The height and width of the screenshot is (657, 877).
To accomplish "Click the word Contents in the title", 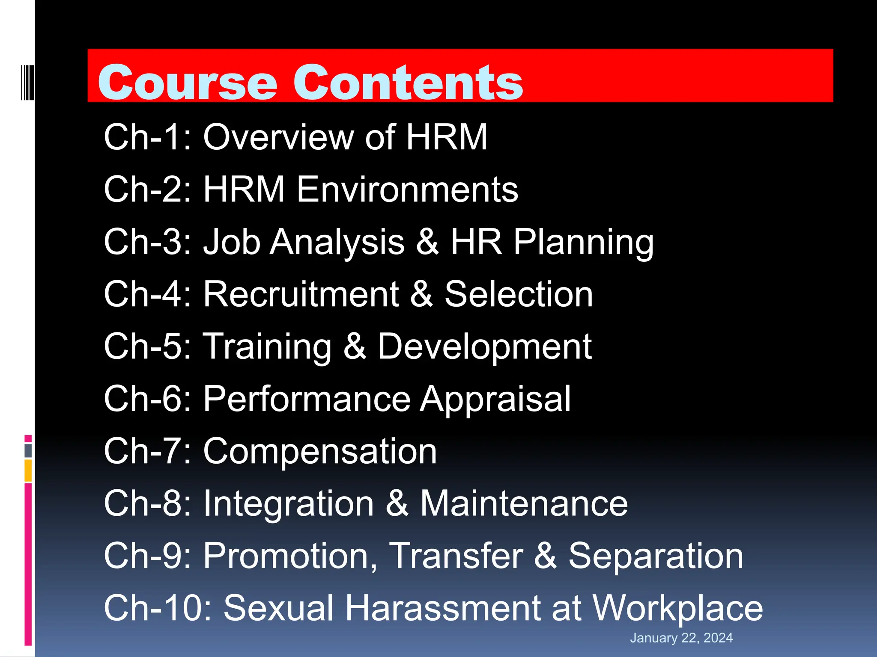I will [x=414, y=82].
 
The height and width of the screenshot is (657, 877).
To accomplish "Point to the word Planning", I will [x=584, y=243].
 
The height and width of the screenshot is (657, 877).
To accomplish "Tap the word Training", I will [x=267, y=347].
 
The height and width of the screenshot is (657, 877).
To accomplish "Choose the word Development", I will [x=484, y=347].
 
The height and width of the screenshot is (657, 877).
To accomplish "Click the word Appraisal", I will [x=495, y=400].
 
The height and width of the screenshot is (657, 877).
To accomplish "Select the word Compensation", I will [x=320, y=451].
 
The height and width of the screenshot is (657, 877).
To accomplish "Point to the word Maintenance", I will [x=524, y=503].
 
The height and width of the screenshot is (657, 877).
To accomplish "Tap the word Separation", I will [x=656, y=556].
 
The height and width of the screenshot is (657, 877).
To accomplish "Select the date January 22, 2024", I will [x=681, y=638].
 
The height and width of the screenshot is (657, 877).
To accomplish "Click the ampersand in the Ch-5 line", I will [x=355, y=346].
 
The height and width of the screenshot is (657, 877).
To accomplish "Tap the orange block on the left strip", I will [x=28, y=471].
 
